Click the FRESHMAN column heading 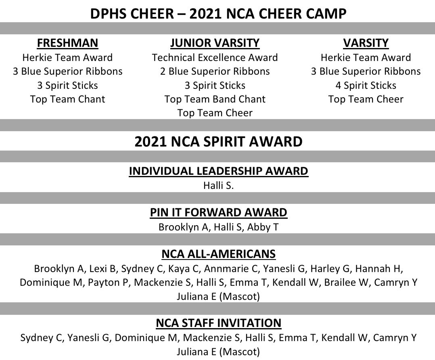(x=67, y=43)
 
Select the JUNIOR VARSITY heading (x=215, y=43)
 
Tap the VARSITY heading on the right (x=366, y=43)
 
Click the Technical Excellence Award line (x=215, y=58)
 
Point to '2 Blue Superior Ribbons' (x=215, y=71)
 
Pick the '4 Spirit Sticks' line (x=366, y=85)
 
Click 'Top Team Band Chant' (x=215, y=99)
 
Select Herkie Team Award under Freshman (x=67, y=58)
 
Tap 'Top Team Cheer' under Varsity (x=366, y=99)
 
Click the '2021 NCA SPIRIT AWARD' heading (x=218, y=142)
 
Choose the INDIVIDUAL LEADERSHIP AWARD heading (x=218, y=172)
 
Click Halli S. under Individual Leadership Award (x=218, y=186)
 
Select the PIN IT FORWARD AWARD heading (x=218, y=213)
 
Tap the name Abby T (x=263, y=227)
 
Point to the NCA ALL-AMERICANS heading (x=218, y=254)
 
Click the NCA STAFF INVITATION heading (x=218, y=323)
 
